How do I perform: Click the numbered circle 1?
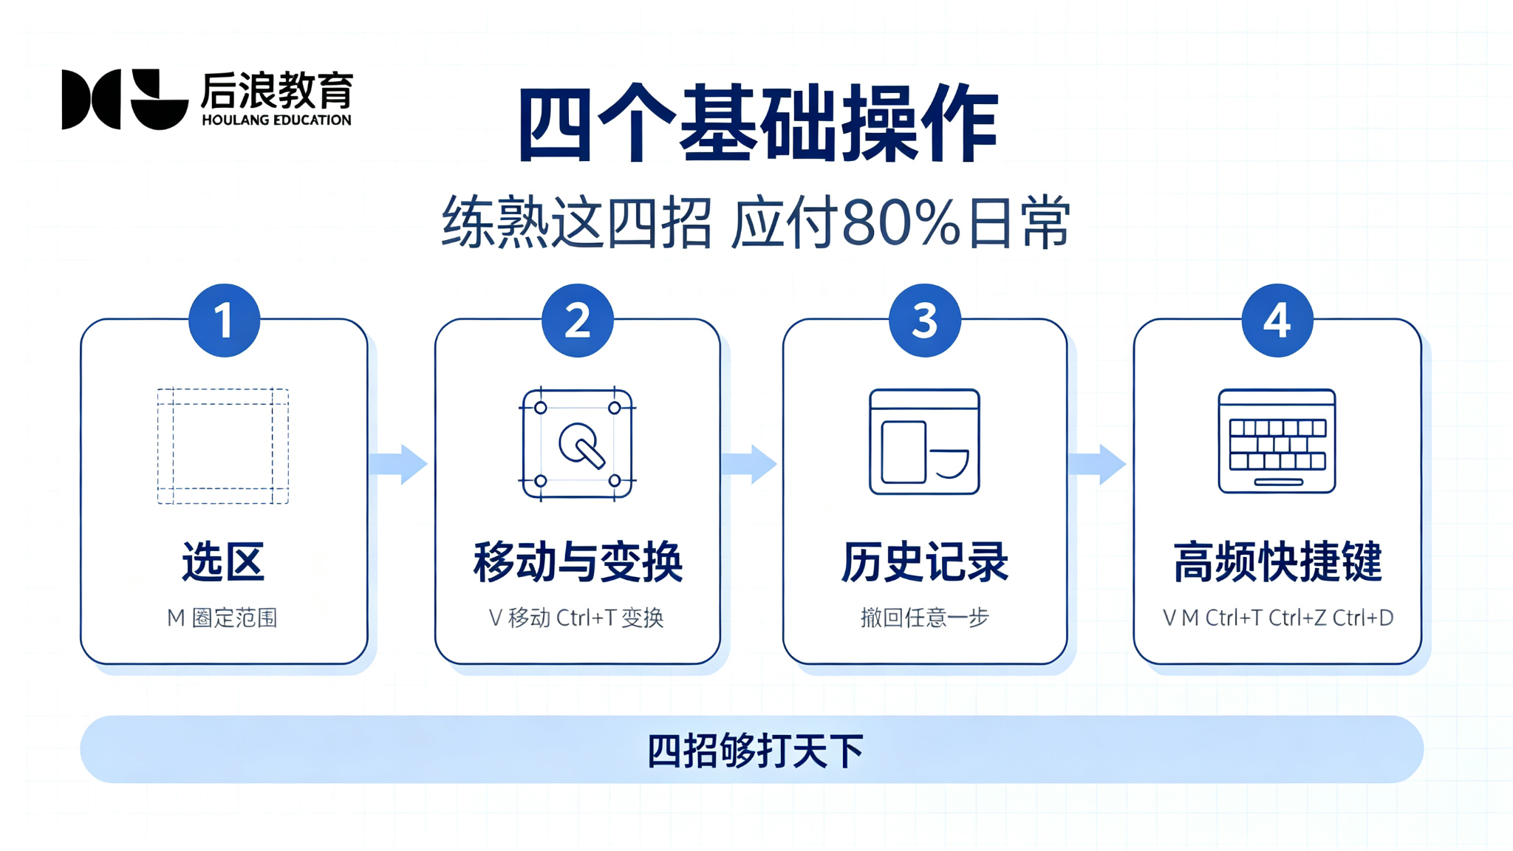pyautogui.click(x=224, y=321)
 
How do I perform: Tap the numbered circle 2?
pyautogui.click(x=578, y=321)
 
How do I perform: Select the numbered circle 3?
pyautogui.click(x=925, y=321)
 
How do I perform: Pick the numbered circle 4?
pyautogui.click(x=1277, y=321)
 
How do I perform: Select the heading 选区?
pyautogui.click(x=223, y=562)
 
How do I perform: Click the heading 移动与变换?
pyautogui.click(x=578, y=562)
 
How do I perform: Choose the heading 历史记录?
pyautogui.click(x=924, y=562)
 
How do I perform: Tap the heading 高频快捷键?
pyautogui.click(x=1277, y=562)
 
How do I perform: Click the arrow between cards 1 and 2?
pyautogui.click(x=398, y=464)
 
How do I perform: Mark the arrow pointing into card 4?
pyautogui.click(x=1097, y=464)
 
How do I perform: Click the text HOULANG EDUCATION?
pyautogui.click(x=276, y=120)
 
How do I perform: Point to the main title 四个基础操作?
pyautogui.click(x=758, y=123)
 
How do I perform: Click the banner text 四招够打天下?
pyautogui.click(x=755, y=751)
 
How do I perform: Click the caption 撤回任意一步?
pyautogui.click(x=924, y=618)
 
